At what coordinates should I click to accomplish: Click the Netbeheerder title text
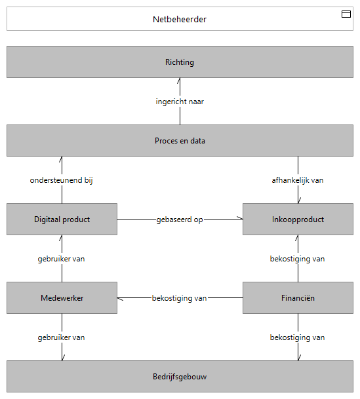(180, 20)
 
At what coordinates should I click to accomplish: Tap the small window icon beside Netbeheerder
(346, 14)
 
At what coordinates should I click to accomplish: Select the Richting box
(180, 62)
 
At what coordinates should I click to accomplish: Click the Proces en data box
(180, 140)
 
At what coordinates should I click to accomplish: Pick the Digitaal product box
(62, 219)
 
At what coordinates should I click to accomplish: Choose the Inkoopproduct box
(298, 219)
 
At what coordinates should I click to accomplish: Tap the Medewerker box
(62, 297)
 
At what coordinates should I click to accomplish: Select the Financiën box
(298, 297)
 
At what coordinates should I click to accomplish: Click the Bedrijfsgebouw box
(180, 376)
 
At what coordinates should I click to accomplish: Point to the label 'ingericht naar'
(180, 102)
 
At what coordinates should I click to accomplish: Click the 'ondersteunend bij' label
(62, 180)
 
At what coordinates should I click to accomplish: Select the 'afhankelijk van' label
(298, 180)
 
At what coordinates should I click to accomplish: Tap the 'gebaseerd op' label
(180, 219)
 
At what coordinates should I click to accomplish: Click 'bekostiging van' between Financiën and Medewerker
(179, 298)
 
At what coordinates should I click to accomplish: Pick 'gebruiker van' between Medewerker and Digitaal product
(62, 259)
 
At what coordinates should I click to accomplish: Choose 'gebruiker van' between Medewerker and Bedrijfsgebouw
(62, 337)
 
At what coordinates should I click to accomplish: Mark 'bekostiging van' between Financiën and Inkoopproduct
(297, 259)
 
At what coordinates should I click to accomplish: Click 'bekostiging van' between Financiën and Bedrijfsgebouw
(297, 337)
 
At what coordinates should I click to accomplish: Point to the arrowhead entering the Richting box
(179, 81)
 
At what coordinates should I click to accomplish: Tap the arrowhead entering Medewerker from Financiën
(120, 299)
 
